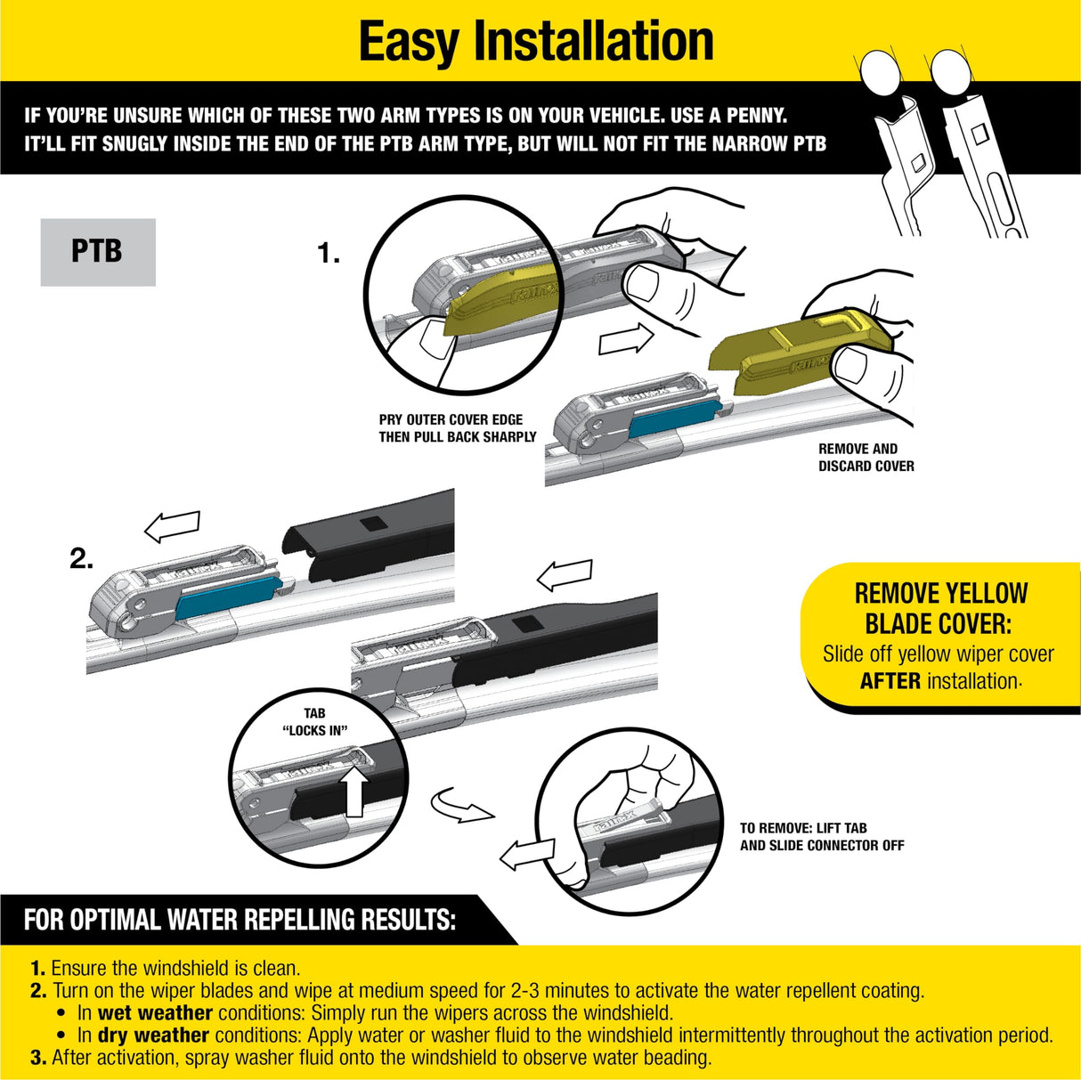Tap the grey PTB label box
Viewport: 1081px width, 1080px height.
point(98,252)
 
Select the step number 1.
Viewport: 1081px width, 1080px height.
point(328,255)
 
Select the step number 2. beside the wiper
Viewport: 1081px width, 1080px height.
point(81,559)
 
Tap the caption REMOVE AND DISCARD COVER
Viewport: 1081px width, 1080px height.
point(866,458)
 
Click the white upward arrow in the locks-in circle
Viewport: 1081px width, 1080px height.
point(354,792)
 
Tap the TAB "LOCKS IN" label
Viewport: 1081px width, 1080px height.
point(314,722)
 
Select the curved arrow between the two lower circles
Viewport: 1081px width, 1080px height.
point(460,807)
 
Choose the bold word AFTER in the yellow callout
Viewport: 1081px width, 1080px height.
point(890,681)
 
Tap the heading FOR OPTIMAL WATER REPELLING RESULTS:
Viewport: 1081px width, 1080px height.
point(239,920)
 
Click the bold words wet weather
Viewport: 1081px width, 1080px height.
point(155,1013)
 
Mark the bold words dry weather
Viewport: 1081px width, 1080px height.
point(153,1035)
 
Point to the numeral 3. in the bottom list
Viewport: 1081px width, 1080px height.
point(38,1058)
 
